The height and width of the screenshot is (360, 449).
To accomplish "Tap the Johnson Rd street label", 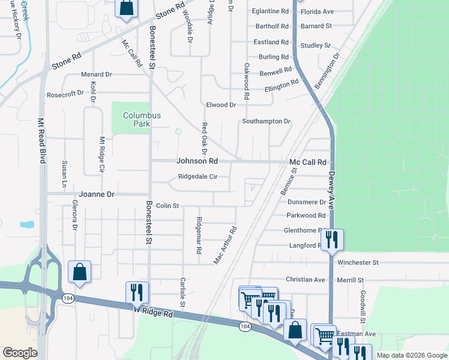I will (197, 161).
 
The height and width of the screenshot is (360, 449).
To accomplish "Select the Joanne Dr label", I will (96, 194).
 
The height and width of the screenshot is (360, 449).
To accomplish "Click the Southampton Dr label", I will (266, 121).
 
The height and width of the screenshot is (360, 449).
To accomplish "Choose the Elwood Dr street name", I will (221, 105).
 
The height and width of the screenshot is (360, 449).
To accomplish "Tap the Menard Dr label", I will (97, 74).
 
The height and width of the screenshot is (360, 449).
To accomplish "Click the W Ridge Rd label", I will (154, 314).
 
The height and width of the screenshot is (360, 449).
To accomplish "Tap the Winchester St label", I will (358, 263).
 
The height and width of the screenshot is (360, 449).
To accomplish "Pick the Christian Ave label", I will (305, 280).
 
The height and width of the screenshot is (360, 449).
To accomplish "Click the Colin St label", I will (167, 206).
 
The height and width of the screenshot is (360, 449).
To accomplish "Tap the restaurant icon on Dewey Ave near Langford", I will (331, 240).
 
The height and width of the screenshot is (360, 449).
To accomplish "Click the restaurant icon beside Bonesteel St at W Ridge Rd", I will (137, 292).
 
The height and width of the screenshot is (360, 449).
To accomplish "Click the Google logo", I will (20, 353).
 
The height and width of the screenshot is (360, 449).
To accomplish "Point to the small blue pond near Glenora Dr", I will (26, 225).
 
